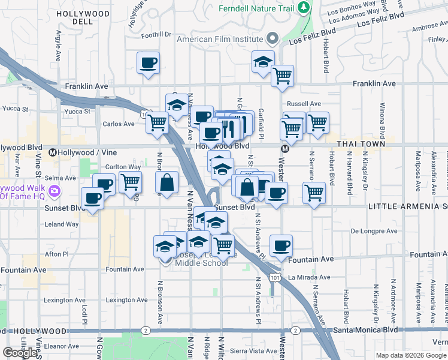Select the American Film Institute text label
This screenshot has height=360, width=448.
point(220,39)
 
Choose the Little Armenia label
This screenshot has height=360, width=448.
point(407,206)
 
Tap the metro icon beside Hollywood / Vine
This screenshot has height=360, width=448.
point(53,152)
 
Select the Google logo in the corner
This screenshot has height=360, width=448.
point(20,353)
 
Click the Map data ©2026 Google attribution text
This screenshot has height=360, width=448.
point(411,356)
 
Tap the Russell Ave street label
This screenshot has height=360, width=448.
point(304,103)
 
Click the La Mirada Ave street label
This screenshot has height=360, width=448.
point(308,278)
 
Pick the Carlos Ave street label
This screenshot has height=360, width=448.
point(119,124)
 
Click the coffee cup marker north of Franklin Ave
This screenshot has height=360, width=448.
point(149,62)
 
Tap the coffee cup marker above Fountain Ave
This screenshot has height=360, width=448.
point(281,245)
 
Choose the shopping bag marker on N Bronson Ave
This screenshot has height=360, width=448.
point(167,182)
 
